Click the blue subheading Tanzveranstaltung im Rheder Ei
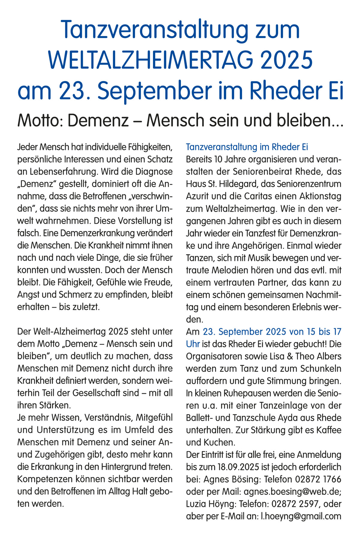[247, 147]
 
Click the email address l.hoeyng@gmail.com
[301, 516]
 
